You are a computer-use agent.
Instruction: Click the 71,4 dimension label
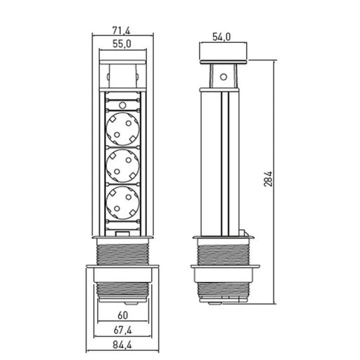(x=121, y=30)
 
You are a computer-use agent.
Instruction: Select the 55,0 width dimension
(x=122, y=44)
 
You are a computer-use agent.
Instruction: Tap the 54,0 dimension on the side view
(x=221, y=37)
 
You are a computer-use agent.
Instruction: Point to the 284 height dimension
(x=268, y=179)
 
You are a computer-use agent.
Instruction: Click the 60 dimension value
(x=123, y=316)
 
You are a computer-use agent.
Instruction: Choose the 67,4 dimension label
(x=123, y=330)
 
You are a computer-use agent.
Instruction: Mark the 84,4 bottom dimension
(x=122, y=345)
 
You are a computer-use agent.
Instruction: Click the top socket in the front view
(x=122, y=129)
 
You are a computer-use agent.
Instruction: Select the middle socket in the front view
(x=122, y=166)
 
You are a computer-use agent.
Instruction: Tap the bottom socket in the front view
(x=122, y=202)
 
